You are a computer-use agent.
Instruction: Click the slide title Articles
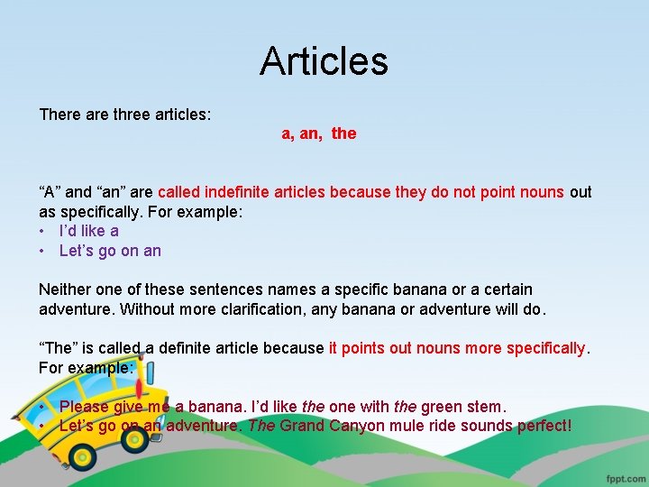coord(324,61)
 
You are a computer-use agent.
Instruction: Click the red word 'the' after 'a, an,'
coord(343,133)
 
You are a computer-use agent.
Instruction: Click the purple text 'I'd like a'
coord(88,231)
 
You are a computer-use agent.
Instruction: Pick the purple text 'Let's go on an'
coord(110,251)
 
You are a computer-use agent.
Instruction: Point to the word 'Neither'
coord(66,289)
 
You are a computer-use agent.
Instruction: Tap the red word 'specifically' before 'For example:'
coord(545,347)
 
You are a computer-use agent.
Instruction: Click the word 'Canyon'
coord(363,426)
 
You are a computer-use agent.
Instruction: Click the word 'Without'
coord(69,308)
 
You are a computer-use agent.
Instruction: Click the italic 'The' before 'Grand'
coord(261,426)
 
